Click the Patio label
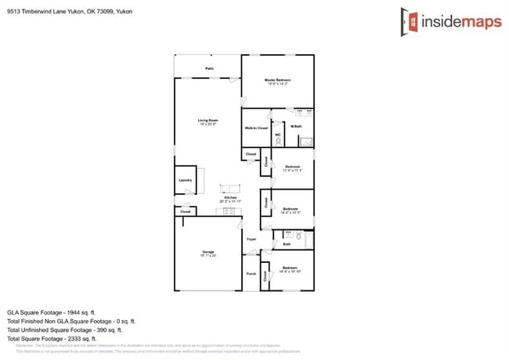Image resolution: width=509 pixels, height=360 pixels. coord(209,69)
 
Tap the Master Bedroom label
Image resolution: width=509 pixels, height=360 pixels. coord(277,81)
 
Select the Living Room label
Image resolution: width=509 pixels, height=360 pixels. coord(208,121)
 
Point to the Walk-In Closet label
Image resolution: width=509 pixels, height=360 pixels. coord(256,128)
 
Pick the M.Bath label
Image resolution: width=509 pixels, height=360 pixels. coord(297,127)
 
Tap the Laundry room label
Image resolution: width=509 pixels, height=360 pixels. coord(185,180)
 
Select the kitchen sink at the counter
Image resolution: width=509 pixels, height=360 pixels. coord(229,211)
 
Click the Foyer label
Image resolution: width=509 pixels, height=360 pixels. coord(251,239)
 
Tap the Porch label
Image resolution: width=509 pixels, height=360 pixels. coord(251,274)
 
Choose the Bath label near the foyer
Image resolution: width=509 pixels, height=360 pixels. coord(287,244)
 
